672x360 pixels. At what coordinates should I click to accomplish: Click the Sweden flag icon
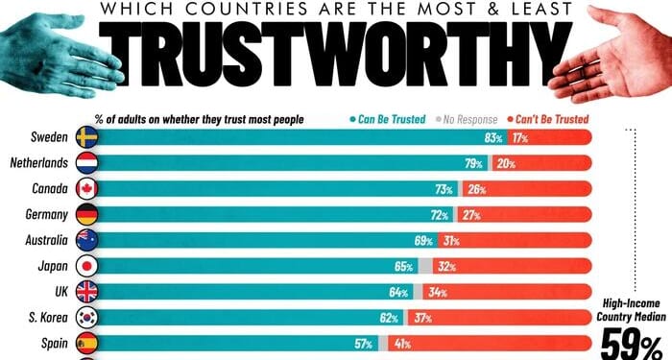[85, 138]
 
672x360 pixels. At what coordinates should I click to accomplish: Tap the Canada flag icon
[85, 190]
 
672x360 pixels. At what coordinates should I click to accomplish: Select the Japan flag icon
[85, 266]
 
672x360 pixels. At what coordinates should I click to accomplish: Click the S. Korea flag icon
[85, 317]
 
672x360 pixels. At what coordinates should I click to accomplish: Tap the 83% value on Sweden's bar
[494, 138]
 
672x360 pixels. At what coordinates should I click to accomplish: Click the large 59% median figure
[631, 343]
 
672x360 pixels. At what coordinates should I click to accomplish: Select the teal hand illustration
[58, 48]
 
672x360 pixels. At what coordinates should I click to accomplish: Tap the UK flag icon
[85, 292]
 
